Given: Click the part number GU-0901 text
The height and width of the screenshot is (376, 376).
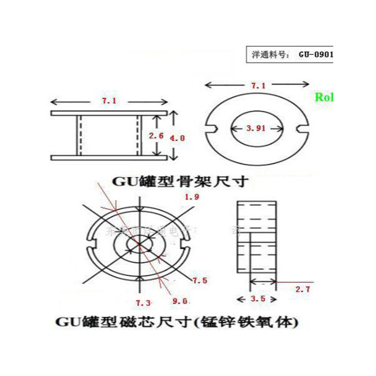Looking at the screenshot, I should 315,54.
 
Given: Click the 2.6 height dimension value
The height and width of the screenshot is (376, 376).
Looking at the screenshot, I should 156,136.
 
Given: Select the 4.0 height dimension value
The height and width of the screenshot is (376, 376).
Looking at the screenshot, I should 177,138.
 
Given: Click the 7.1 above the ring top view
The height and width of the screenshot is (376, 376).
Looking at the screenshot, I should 258,86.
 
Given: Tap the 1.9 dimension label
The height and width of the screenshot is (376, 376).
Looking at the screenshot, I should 192,197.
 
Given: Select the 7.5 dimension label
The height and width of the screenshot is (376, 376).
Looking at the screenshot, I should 200,280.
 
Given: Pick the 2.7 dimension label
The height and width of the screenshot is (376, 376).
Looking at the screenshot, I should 302,290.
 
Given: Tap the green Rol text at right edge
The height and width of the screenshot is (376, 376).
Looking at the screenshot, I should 323,97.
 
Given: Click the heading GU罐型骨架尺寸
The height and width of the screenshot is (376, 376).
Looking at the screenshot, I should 178,181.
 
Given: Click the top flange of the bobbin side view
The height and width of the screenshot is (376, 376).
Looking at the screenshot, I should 109,113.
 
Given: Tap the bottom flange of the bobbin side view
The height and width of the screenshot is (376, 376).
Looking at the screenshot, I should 109,157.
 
